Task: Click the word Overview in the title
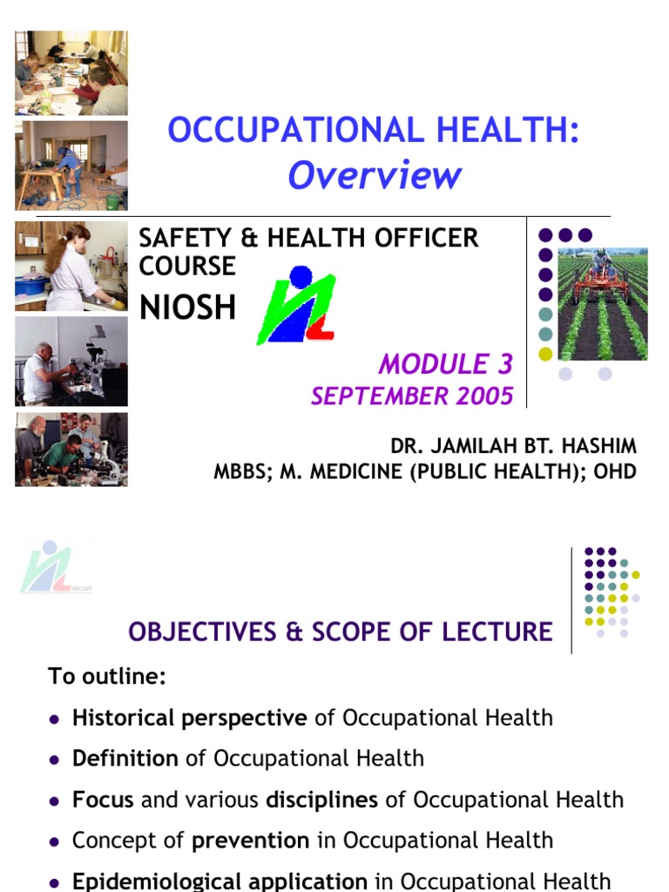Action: [375, 175]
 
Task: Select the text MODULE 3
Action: [446, 363]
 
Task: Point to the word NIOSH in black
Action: [187, 307]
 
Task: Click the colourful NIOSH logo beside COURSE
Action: [296, 305]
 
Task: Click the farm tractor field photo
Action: [603, 303]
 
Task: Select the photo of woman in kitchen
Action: [71, 266]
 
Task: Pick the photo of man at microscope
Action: [71, 361]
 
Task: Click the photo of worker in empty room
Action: [71, 166]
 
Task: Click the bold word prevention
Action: [251, 841]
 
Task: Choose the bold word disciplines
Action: [321, 800]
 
